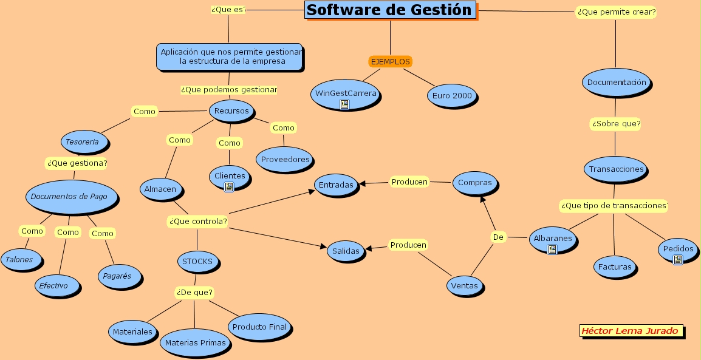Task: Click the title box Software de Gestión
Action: point(389,10)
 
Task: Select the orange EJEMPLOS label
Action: point(390,61)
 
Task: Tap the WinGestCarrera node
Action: point(344,94)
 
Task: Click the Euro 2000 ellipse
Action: point(452,95)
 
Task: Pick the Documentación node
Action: point(617,82)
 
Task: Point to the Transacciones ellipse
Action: point(616,169)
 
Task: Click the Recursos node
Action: point(231,111)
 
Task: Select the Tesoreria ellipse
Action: point(86,142)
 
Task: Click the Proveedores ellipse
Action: point(285,160)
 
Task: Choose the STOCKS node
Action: point(197,262)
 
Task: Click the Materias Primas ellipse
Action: point(195,343)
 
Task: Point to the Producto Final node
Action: point(259,327)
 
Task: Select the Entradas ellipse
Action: point(335,185)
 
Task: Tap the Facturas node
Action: point(614,267)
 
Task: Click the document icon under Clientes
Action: point(229,187)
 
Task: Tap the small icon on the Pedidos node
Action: point(677,260)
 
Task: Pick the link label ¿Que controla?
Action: point(197,222)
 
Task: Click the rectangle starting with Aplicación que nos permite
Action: point(229,56)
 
